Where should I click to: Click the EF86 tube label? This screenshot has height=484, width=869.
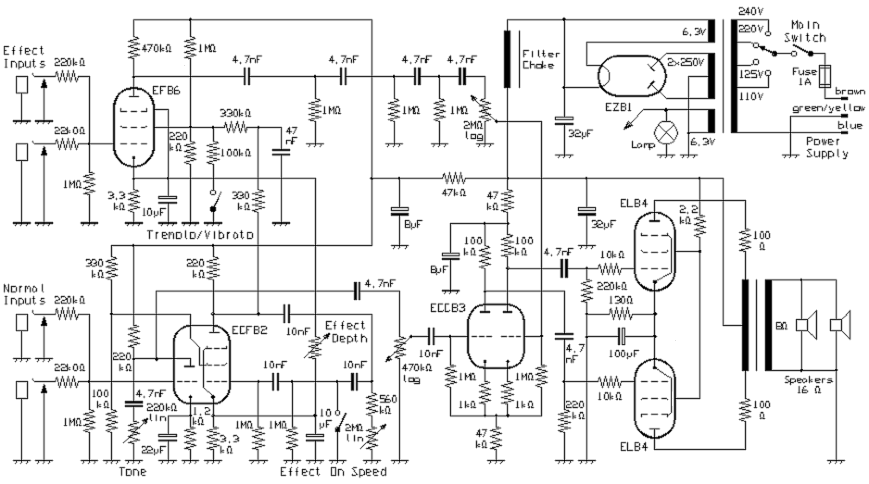point(166,90)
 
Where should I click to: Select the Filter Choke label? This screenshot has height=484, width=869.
point(541,59)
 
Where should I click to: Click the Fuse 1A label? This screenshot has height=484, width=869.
point(804,77)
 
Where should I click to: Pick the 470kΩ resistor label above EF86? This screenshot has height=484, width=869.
point(156,48)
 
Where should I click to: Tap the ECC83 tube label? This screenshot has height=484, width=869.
point(448,308)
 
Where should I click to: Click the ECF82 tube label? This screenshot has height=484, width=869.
point(250,330)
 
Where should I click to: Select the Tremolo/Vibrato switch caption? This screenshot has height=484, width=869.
point(200,235)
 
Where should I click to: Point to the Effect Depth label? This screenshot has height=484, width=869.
point(346,332)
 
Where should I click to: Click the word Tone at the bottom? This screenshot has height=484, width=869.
point(132,472)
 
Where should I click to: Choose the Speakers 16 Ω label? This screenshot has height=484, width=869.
point(808,385)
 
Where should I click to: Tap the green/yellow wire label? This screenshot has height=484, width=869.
point(828,108)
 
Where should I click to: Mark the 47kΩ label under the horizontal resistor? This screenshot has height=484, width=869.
point(453,192)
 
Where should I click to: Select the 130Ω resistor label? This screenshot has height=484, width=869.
point(620,300)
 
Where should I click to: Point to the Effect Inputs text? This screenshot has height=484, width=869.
point(24,56)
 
